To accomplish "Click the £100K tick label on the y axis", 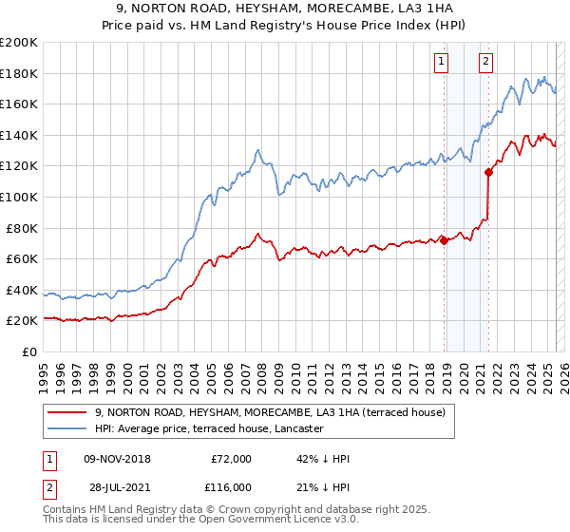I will click(x=19, y=197).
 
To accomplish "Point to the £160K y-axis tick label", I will click(x=19, y=104).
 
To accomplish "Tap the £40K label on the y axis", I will click(x=22, y=290).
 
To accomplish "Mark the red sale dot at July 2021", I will click(x=488, y=172).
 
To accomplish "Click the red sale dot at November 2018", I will click(x=444, y=240).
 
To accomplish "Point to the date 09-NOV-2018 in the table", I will click(x=117, y=459).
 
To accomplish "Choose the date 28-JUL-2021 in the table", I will click(x=117, y=486).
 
